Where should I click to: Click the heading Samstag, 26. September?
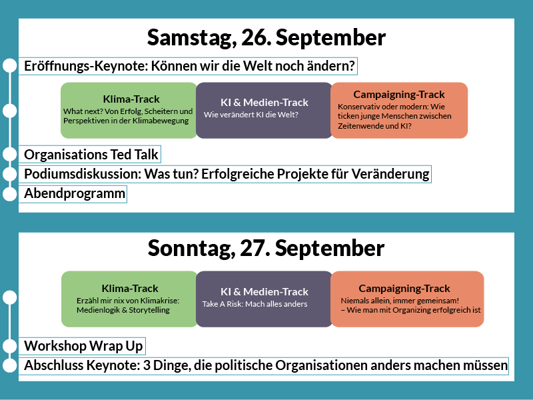coord(266,37)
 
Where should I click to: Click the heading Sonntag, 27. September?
coord(266,248)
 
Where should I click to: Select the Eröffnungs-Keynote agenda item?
coord(188,66)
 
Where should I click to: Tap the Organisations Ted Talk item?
coord(90,155)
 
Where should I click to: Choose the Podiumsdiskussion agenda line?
coord(225,174)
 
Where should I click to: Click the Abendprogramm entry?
coord(73,194)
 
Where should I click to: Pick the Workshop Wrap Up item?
coord(82,346)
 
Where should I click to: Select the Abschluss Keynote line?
coord(264,365)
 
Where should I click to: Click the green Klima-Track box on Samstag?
coord(129,110)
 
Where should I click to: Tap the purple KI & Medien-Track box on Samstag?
coord(264,110)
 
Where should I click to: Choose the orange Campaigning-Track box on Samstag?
coord(399,110)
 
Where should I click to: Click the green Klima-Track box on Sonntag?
coord(129,299)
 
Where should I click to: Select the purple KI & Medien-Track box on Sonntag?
coord(264,299)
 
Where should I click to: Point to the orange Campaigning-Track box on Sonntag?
coord(407,299)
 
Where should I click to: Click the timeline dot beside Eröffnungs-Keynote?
coord(10,65)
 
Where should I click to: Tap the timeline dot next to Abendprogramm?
coord(10,194)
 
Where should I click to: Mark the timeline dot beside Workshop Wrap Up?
coord(10,346)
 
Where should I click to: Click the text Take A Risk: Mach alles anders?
coord(255,304)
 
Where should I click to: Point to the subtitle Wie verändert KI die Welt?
coord(251,115)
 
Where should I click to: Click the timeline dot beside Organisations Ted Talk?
coord(10,154)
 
